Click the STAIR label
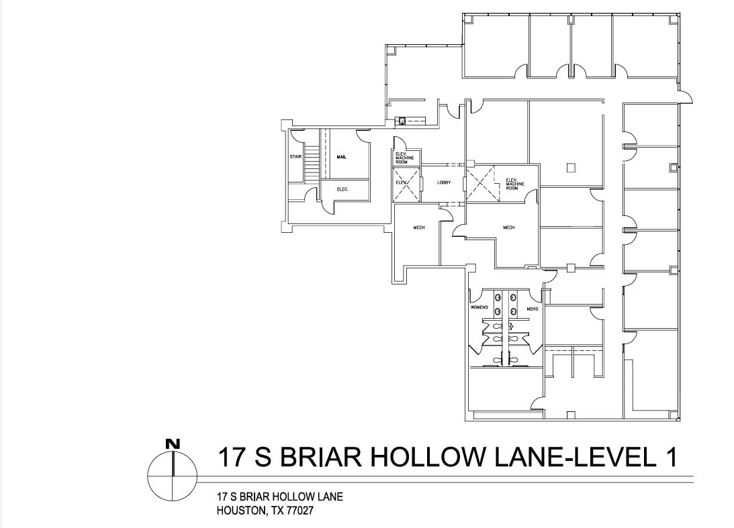295,156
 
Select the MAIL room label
341,156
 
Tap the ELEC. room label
342,189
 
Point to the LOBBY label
444,182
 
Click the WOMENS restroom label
479,308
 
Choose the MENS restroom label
533,309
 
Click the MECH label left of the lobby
419,227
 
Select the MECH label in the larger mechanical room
508,227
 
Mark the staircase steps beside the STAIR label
311,164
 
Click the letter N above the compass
173,443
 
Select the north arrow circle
173,476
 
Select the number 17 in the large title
232,458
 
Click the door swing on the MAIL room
363,136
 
